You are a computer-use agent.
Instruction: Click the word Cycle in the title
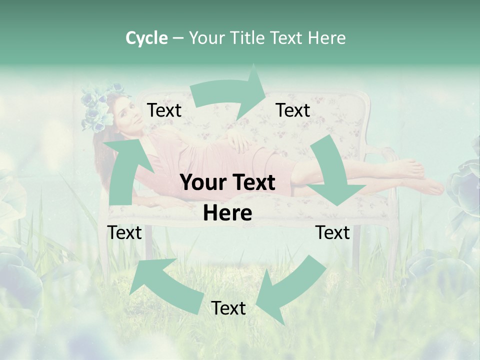pos(146,38)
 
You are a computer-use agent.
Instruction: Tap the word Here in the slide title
pos(326,38)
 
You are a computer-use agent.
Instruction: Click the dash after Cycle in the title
pos(178,38)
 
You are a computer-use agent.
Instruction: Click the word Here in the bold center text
pos(227,213)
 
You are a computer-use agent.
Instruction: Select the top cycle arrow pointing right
pos(230,93)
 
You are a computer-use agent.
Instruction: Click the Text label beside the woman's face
pos(164,110)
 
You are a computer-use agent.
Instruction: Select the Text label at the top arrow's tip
pos(293,110)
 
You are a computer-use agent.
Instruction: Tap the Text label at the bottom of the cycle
pos(228,308)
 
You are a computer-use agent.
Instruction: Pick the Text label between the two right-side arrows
pos(332,232)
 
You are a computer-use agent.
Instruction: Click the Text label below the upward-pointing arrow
pos(124,232)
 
